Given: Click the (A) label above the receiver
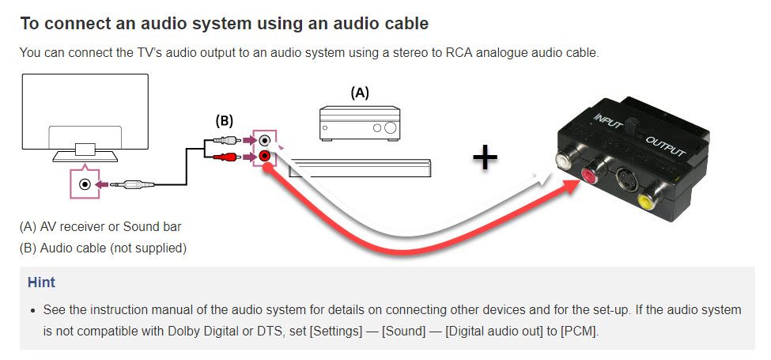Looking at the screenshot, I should (x=360, y=93).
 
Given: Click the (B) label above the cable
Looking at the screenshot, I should (x=225, y=121).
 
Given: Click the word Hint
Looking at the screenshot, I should (x=41, y=282).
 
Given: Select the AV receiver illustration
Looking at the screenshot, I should (x=360, y=123).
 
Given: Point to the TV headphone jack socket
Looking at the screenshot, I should (x=85, y=184).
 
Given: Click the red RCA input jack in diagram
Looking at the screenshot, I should (x=264, y=157).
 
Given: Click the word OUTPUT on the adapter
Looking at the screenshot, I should (x=667, y=150).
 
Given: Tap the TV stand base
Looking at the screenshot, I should (x=85, y=156).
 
